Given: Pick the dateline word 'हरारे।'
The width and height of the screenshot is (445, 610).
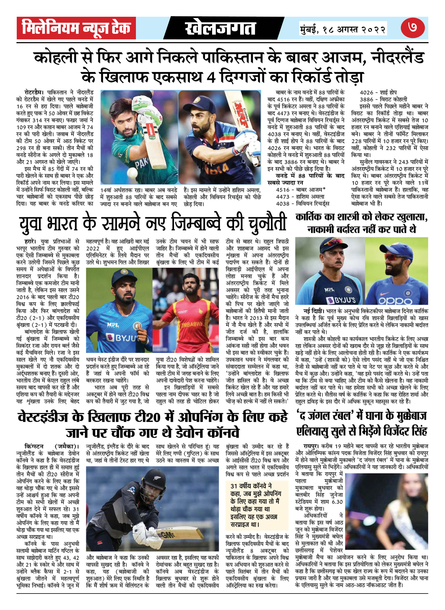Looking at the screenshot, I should pos(30,241).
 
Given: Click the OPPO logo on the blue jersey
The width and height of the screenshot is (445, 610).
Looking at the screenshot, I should pos(395,300).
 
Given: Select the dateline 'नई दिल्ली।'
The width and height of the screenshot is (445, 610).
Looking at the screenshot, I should pos(314,311).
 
